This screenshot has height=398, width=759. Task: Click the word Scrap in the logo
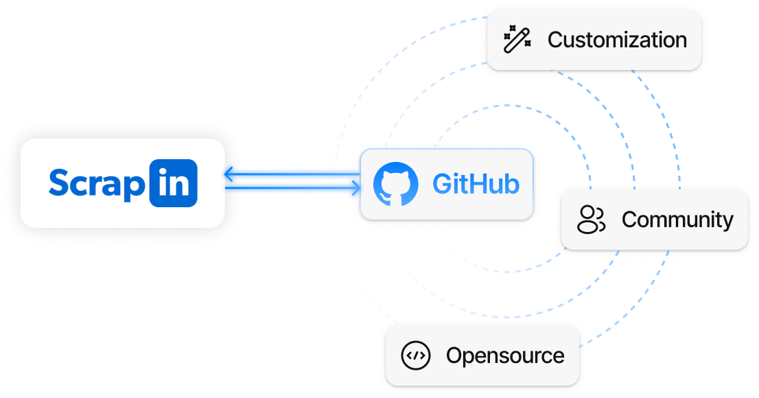[97, 183]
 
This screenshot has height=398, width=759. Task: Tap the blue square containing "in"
[173, 183]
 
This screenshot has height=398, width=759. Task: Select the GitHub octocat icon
[395, 184]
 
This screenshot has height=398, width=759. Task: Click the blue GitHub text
[476, 184]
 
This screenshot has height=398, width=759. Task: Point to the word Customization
[617, 40]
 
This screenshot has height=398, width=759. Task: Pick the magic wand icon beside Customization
[517, 40]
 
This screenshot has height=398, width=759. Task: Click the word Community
[677, 220]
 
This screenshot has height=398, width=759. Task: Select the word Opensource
[505, 355]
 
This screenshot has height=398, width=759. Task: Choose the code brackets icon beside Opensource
[416, 355]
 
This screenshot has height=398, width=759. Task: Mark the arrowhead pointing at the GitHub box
[355, 190]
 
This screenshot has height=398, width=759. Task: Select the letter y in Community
[727, 222]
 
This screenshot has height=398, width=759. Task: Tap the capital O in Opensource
[455, 355]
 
